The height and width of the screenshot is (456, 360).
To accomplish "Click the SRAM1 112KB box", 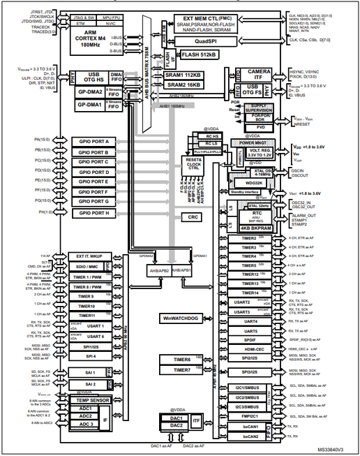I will coord(203,75).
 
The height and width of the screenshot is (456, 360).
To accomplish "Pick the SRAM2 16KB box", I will coord(203,84).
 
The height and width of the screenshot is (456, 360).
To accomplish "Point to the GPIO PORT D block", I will coord(98,172).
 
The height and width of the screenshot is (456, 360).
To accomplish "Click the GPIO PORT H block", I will coord(98,212).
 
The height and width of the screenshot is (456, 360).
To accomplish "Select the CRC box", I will coord(203,217).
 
